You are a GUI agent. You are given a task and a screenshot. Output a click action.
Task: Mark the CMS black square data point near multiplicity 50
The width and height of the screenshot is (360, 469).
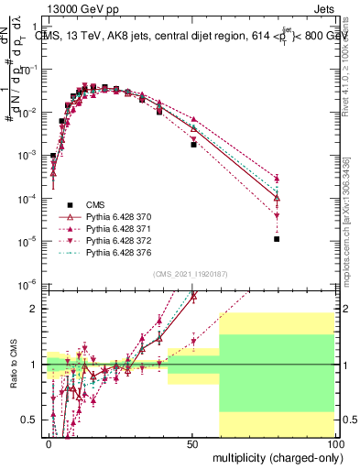point(193,145)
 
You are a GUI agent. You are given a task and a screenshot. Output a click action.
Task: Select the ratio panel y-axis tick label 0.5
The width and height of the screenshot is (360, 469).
point(29,420)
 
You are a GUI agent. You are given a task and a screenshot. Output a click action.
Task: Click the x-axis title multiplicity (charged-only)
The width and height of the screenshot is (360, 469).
point(272,456)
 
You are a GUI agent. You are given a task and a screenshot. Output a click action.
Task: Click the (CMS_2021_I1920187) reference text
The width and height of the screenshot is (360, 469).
point(189,274)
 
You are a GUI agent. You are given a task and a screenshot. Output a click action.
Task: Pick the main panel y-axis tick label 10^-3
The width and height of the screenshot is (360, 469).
point(30,155)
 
